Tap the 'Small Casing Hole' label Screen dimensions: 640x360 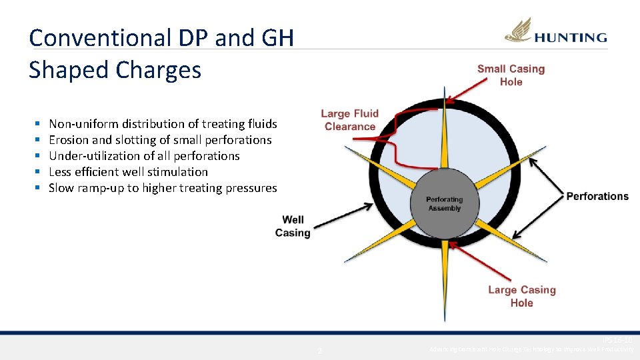coord(511,75)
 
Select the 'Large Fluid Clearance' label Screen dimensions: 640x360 coord(349,120)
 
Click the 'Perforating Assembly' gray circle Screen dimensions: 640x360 coord(444,203)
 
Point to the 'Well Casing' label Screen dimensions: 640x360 coord(293,226)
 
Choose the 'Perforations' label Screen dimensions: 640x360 coord(597,196)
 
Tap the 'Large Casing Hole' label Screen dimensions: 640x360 coord(521,296)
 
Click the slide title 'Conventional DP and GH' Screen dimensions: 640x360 coord(161,37)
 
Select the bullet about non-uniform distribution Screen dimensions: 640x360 coord(163,124)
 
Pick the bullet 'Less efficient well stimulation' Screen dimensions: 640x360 coord(128,172)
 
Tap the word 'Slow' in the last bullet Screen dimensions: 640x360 coord(61,188)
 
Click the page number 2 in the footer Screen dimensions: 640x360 coord(320,351)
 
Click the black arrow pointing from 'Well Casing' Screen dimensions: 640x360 coord(341,217)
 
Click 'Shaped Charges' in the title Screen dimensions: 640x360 coord(115,69)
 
